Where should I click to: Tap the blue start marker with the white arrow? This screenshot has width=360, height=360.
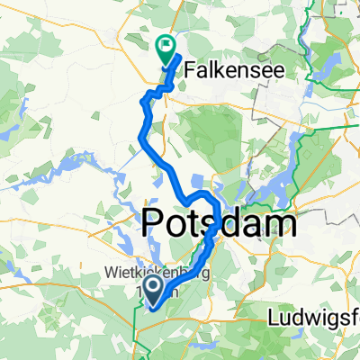[x=153, y=290]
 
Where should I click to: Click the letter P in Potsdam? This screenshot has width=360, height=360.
[x=155, y=222]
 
